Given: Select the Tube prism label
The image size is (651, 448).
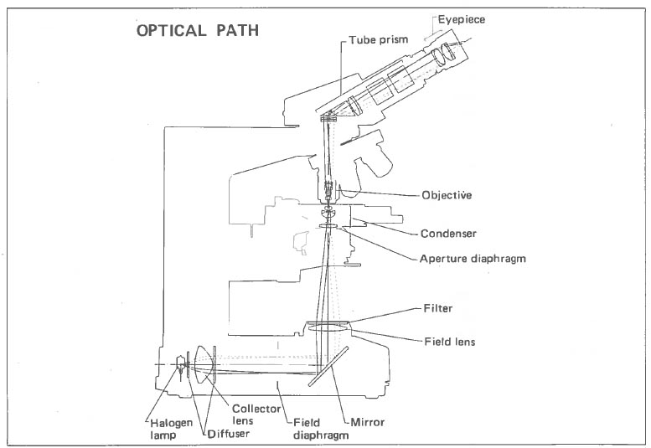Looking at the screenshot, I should pos(382,40).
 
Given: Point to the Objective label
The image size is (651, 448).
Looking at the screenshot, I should pos(448,194).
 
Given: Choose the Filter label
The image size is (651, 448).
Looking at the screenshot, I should pos(438,308).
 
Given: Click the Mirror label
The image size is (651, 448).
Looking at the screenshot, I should pos(366,423).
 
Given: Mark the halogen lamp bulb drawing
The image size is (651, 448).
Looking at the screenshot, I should pos(179,366).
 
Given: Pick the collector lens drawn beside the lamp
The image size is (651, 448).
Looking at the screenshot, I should pos(201,365).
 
